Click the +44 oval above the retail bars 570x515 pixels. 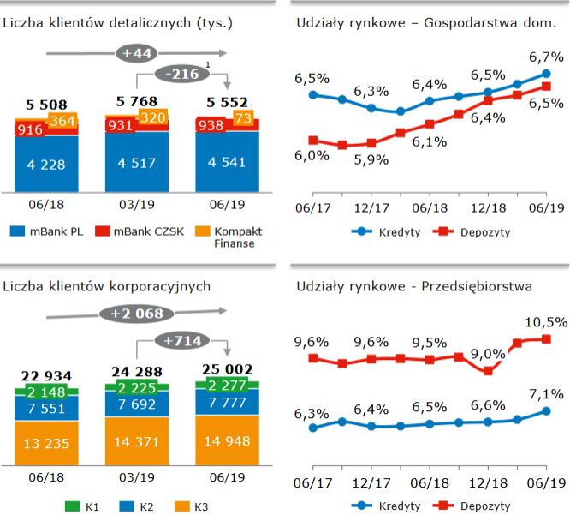pyautogui.click(x=138, y=54)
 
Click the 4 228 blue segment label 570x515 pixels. pyautogui.click(x=46, y=164)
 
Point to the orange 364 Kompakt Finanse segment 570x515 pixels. pyautogui.click(x=62, y=121)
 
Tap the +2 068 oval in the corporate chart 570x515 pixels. pyautogui.click(x=137, y=314)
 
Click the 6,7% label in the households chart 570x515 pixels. pyautogui.click(x=546, y=57)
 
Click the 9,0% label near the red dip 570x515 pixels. pyautogui.click(x=489, y=353)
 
